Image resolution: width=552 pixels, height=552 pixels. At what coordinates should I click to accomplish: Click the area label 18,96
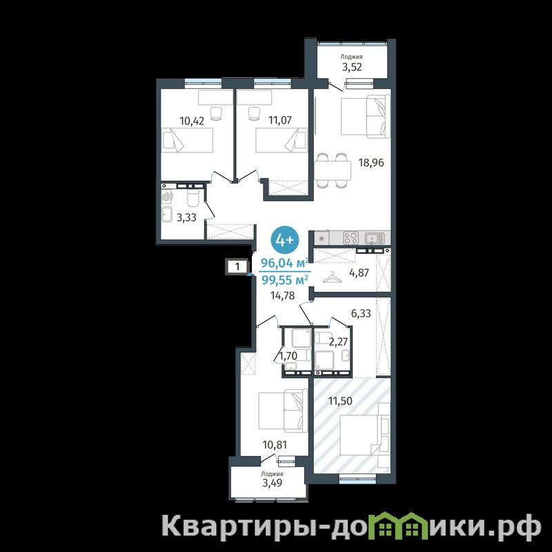pyautogui.click(x=371, y=163)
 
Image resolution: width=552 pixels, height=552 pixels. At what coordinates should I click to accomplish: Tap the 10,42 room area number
pyautogui.click(x=192, y=121)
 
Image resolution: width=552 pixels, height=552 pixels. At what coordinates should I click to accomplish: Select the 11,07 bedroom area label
pyautogui.click(x=280, y=120)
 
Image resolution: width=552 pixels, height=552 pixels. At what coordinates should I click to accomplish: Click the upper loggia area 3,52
pyautogui.click(x=352, y=67)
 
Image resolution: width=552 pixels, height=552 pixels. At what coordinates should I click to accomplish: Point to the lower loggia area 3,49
pyautogui.click(x=272, y=482)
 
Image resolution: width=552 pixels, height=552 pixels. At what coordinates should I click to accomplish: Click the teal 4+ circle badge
pyautogui.click(x=284, y=240)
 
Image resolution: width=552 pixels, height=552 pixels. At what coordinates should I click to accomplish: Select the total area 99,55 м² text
pyautogui.click(x=284, y=280)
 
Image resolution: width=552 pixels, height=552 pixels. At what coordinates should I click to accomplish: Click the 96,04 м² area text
pyautogui.click(x=284, y=263)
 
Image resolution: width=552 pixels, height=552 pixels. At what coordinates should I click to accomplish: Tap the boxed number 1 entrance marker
pyautogui.click(x=237, y=266)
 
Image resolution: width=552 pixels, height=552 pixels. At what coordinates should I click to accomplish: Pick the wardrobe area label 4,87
pyautogui.click(x=359, y=273)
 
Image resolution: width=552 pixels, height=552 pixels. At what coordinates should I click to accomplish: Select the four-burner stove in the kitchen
pyautogui.click(x=351, y=237)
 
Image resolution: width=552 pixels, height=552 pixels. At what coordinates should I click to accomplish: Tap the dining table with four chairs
pyautogui.click(x=333, y=170)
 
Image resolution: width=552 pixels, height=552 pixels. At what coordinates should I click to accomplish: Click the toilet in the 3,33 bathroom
pyautogui.click(x=193, y=199)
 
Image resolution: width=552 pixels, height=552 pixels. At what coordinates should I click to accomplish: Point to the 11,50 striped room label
pyautogui.click(x=340, y=401)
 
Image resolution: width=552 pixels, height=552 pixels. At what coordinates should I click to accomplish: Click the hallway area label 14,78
pyautogui.click(x=282, y=295)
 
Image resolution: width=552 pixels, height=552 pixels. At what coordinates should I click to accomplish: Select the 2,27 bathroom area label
pyautogui.click(x=338, y=342)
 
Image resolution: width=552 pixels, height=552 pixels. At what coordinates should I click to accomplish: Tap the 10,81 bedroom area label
pyautogui.click(x=275, y=445)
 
